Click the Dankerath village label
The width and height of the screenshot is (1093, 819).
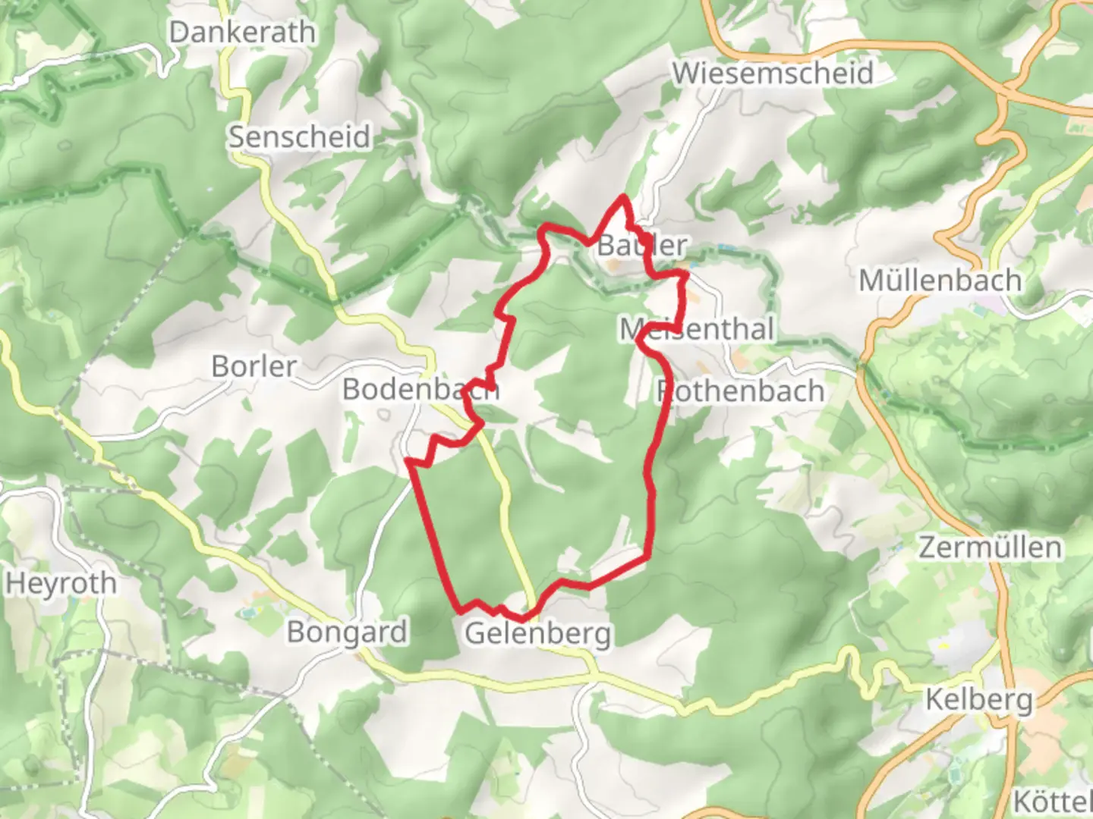pyautogui.click(x=242, y=33)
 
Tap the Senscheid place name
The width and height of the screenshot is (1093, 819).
pyautogui.click(x=300, y=137)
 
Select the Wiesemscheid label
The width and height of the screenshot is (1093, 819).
pyautogui.click(x=773, y=74)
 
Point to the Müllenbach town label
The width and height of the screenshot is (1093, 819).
pyautogui.click(x=940, y=281)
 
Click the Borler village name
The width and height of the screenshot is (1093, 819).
pyautogui.click(x=254, y=366)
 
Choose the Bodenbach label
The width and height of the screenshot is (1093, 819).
pyautogui.click(x=420, y=389)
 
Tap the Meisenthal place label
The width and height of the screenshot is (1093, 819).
pyautogui.click(x=697, y=329)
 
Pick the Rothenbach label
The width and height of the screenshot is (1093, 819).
pyautogui.click(x=740, y=391)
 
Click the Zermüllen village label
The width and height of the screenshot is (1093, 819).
pyautogui.click(x=990, y=547)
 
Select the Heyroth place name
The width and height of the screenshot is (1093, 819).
pyautogui.click(x=61, y=584)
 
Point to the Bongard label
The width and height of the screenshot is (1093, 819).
pyautogui.click(x=347, y=632)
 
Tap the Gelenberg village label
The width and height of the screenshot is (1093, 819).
pyautogui.click(x=537, y=633)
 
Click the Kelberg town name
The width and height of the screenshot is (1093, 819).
pyautogui.click(x=979, y=699)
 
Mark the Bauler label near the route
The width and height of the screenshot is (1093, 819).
pyautogui.click(x=642, y=245)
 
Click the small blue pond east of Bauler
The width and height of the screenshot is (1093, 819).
pyautogui.click(x=724, y=248)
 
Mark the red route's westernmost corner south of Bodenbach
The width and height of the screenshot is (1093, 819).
pyautogui.click(x=408, y=460)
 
